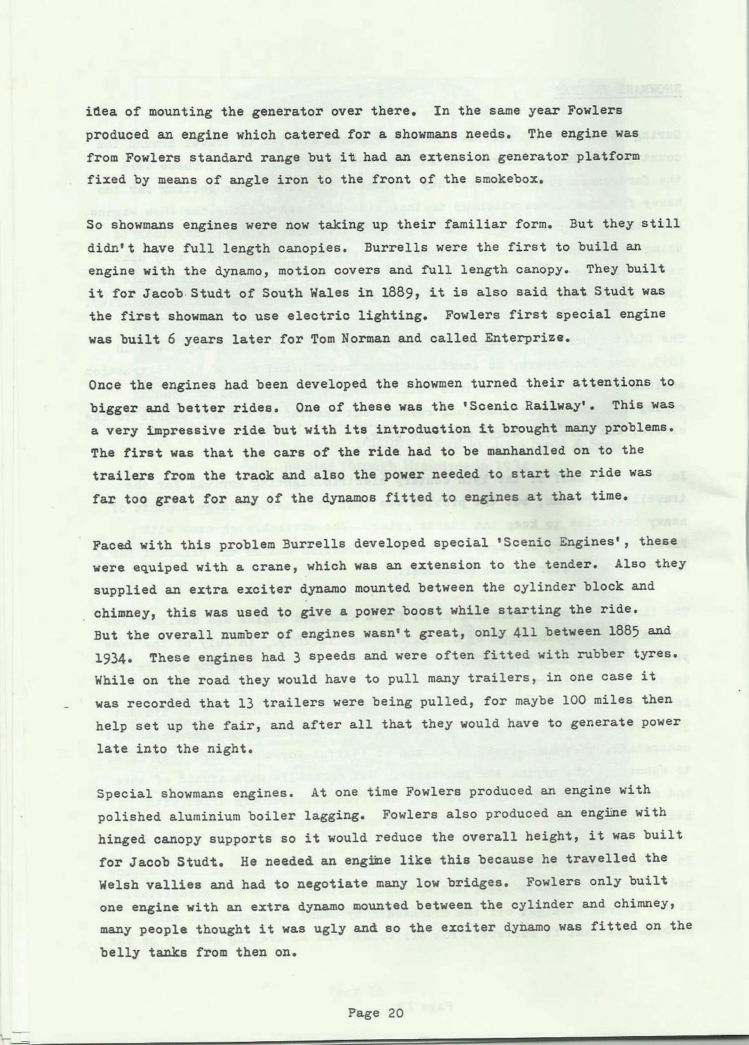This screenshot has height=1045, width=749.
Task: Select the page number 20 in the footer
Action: click(x=393, y=1013)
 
